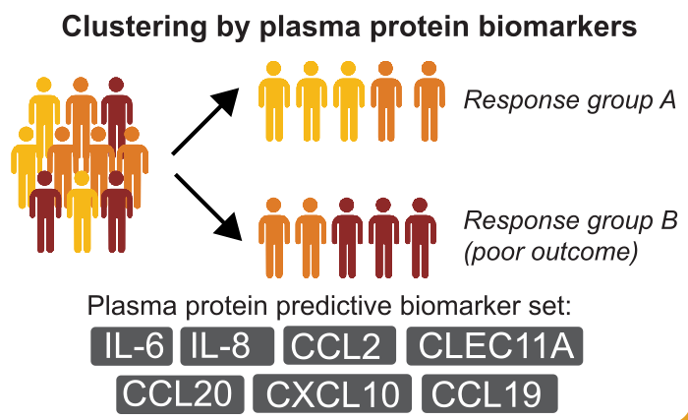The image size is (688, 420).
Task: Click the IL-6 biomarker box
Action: (x=132, y=346)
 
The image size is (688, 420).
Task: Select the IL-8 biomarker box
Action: (x=227, y=346)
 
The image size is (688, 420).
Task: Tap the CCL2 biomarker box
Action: (x=340, y=346)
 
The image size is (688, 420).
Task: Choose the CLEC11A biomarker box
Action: (x=494, y=346)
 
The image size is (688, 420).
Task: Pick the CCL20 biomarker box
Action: (x=180, y=394)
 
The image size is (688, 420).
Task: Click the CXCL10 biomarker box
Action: (x=332, y=393)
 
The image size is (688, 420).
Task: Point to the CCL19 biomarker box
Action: (x=489, y=393)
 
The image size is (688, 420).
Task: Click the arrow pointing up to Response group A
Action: (x=205, y=121)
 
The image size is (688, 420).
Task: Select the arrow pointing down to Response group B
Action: (x=208, y=207)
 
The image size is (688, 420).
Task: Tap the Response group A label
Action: (x=570, y=100)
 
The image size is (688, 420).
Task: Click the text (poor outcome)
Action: (x=551, y=252)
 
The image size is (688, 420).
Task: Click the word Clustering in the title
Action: (x=135, y=27)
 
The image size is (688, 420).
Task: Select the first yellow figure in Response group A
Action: (x=274, y=101)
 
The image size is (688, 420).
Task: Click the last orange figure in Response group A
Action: (x=430, y=101)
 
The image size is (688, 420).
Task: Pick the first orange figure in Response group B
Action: (x=274, y=238)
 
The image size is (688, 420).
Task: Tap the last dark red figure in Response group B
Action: (x=420, y=238)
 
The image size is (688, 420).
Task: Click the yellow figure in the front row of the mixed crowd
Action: (x=82, y=211)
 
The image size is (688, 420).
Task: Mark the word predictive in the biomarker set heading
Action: (x=333, y=306)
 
